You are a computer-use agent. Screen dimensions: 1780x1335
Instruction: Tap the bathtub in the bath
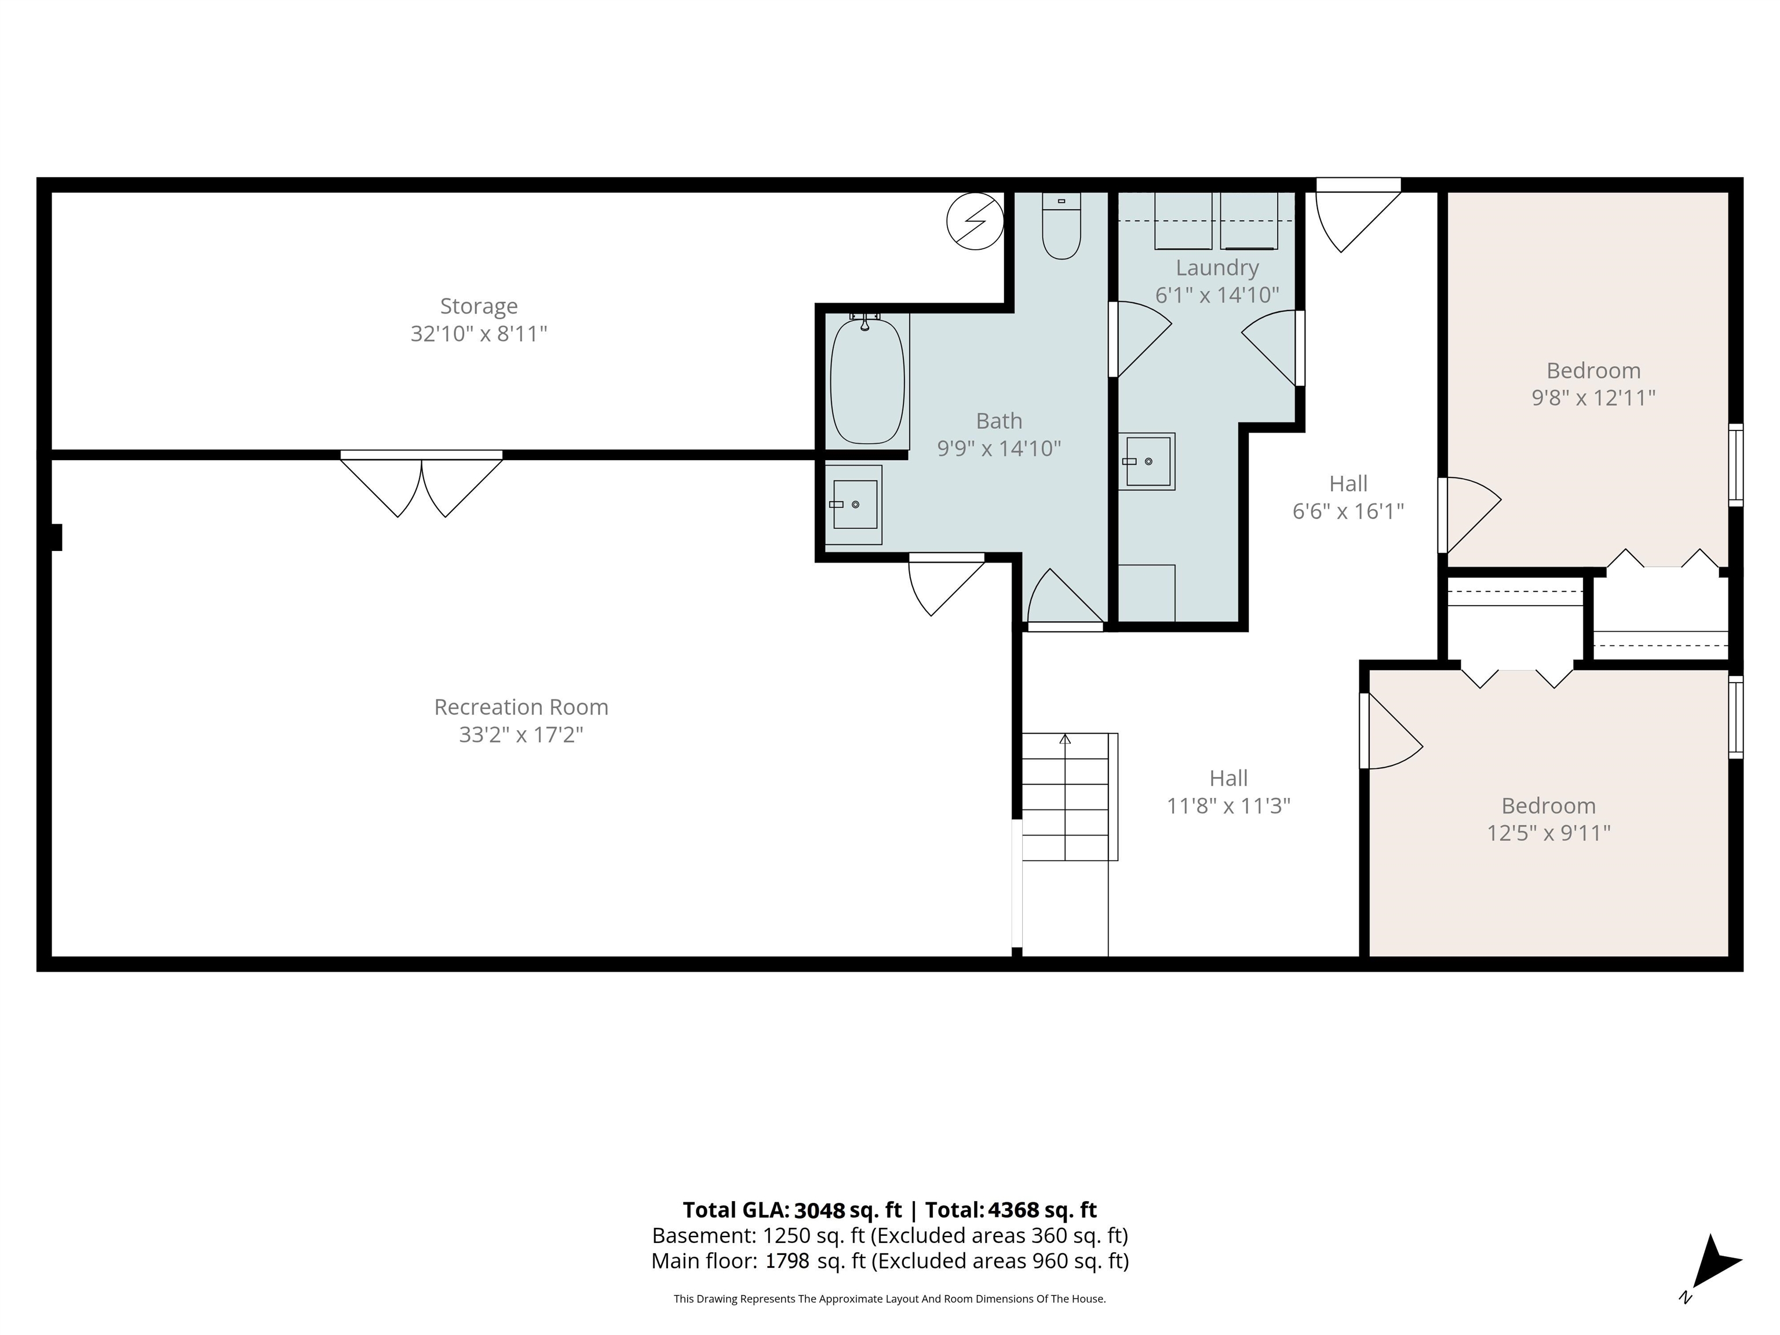[x=867, y=380]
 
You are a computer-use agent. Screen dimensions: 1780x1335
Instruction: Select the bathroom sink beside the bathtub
[x=854, y=505]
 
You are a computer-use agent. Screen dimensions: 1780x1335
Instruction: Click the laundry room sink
[x=1147, y=461]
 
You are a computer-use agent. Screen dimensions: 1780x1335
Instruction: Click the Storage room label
[x=479, y=306]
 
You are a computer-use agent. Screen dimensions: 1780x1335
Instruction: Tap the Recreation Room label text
[x=521, y=707]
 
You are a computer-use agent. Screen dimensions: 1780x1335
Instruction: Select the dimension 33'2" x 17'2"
[x=521, y=735]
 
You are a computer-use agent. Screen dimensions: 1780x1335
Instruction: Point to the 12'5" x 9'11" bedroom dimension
[x=1548, y=833]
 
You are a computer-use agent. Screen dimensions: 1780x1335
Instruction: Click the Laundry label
[x=1217, y=268]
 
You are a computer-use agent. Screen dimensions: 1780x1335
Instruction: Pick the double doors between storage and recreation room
[x=422, y=483]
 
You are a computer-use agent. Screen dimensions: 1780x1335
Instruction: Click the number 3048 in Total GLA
[x=819, y=1210]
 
